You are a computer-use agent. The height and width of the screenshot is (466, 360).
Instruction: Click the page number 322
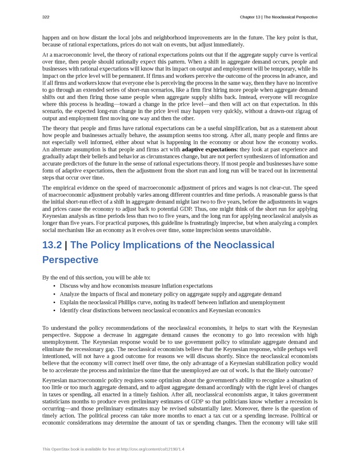click(46, 17)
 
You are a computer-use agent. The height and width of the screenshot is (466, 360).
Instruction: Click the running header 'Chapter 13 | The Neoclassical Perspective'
click(279, 17)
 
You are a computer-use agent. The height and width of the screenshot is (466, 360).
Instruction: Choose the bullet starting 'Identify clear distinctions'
click(159, 310)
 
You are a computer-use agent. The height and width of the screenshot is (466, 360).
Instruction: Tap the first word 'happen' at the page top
click(51, 37)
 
